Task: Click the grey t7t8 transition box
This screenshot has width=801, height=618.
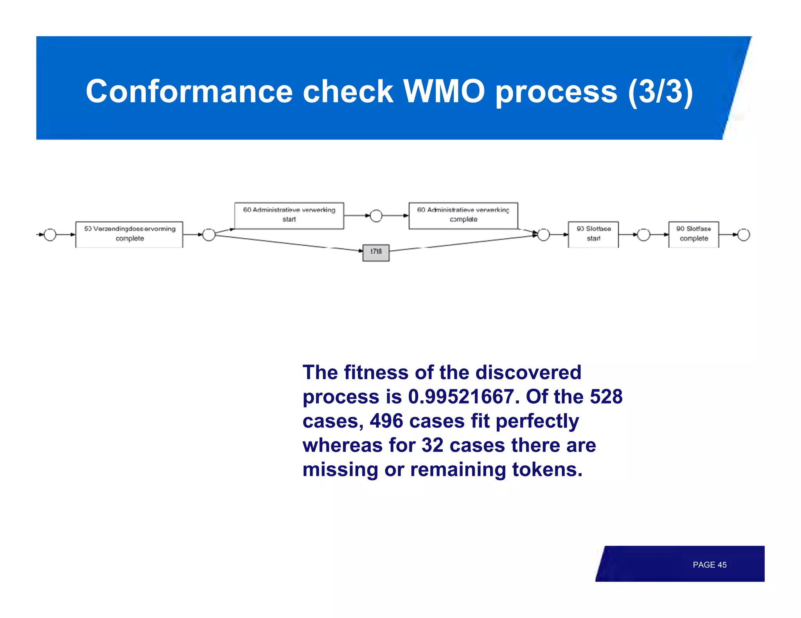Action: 376,253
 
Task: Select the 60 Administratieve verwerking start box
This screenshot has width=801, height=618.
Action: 289,215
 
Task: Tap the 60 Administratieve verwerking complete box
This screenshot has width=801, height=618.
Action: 463,215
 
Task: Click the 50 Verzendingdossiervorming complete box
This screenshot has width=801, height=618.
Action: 129,234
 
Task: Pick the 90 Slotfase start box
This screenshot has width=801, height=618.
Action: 593,234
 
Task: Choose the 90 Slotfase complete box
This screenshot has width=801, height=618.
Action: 693,234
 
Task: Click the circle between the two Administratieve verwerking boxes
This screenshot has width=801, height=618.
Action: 376,216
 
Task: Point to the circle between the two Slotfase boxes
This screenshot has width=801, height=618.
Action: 643,235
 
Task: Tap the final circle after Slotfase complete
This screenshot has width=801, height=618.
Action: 744,235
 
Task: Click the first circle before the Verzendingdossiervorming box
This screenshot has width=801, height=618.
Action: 50,235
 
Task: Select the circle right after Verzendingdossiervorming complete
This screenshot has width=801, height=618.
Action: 209,235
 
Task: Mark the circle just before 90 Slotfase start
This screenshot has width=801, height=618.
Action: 544,235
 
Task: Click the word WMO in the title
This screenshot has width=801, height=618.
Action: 444,91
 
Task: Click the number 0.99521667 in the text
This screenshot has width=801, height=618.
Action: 461,397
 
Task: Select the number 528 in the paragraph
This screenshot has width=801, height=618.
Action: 606,397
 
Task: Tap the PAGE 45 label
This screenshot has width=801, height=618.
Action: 709,565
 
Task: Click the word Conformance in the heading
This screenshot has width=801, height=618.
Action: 189,91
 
